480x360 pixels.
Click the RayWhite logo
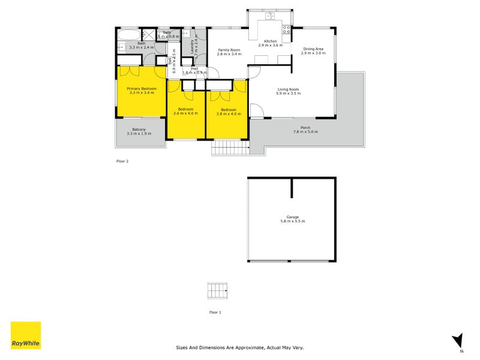pos(26,335)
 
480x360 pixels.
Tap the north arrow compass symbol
pos(457,341)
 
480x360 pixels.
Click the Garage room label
pos(292,217)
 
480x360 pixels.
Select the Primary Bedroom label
pos(142,89)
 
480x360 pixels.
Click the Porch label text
pos(305,128)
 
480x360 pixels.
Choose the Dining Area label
pos(313,49)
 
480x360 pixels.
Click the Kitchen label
pos(270,41)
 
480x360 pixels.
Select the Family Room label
pos(229,50)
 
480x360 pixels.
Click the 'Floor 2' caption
pos(122,161)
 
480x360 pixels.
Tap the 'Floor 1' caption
pos(215,313)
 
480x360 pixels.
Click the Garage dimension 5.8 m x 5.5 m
pos(292,222)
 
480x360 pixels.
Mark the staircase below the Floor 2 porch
pos(230,148)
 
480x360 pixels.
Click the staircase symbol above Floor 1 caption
pos(218,290)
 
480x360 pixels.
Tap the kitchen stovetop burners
pos(286,28)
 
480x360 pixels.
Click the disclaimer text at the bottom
pos(239,347)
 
